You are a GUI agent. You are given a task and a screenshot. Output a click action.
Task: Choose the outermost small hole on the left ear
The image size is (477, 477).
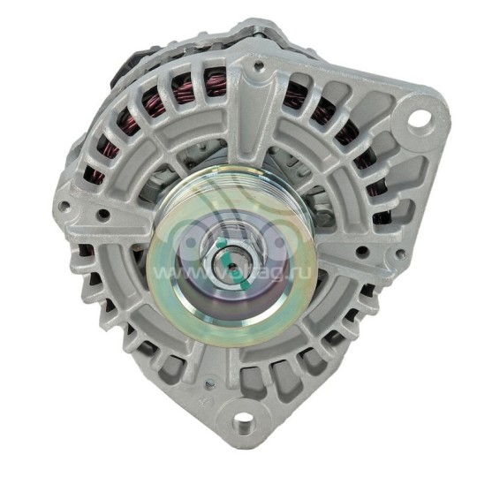pos(65,210)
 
